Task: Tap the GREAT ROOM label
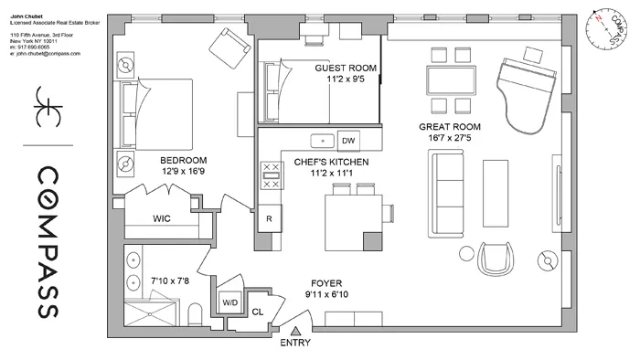coord(449,127)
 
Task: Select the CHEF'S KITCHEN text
coord(331,162)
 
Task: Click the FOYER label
coord(326,283)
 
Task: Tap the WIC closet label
coord(162,219)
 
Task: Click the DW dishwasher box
coord(347,141)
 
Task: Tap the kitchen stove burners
coord(271,175)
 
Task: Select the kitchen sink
coord(321,141)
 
